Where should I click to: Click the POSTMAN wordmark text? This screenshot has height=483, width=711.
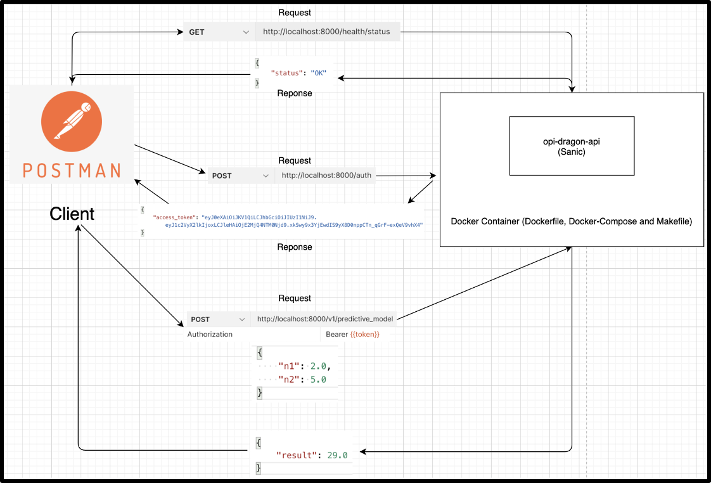coord(72,170)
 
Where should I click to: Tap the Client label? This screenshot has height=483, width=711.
coord(72,214)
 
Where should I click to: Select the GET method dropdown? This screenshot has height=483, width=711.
coord(219,32)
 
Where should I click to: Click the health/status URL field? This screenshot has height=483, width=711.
coord(326,32)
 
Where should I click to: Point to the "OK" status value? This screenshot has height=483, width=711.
coord(318,73)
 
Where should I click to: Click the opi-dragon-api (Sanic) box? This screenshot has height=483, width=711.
coord(572,146)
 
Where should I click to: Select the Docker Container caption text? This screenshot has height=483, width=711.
coord(571,222)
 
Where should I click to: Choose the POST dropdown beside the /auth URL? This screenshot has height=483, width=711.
coord(241,176)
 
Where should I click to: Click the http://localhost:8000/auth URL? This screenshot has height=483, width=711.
coord(326,176)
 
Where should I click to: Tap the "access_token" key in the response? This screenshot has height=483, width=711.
coord(174,217)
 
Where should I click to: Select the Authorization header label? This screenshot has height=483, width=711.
coord(210,334)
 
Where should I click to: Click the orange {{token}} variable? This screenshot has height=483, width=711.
coord(365,334)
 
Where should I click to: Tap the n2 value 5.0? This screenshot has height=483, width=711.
coord(318,380)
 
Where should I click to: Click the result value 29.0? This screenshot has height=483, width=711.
coord(337,455)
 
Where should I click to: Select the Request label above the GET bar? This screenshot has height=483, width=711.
coord(295,13)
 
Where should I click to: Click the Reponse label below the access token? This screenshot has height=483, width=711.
coord(295,247)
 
